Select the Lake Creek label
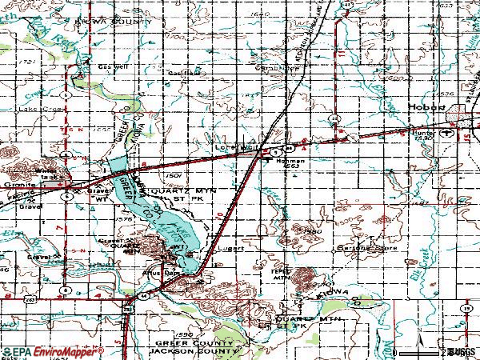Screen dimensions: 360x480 pyautogui.click(x=42, y=108)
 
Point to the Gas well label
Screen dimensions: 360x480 pyautogui.click(x=113, y=66)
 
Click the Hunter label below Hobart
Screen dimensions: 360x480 pyautogui.click(x=425, y=134)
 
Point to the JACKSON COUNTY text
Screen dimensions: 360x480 pyautogui.click(x=196, y=350)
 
